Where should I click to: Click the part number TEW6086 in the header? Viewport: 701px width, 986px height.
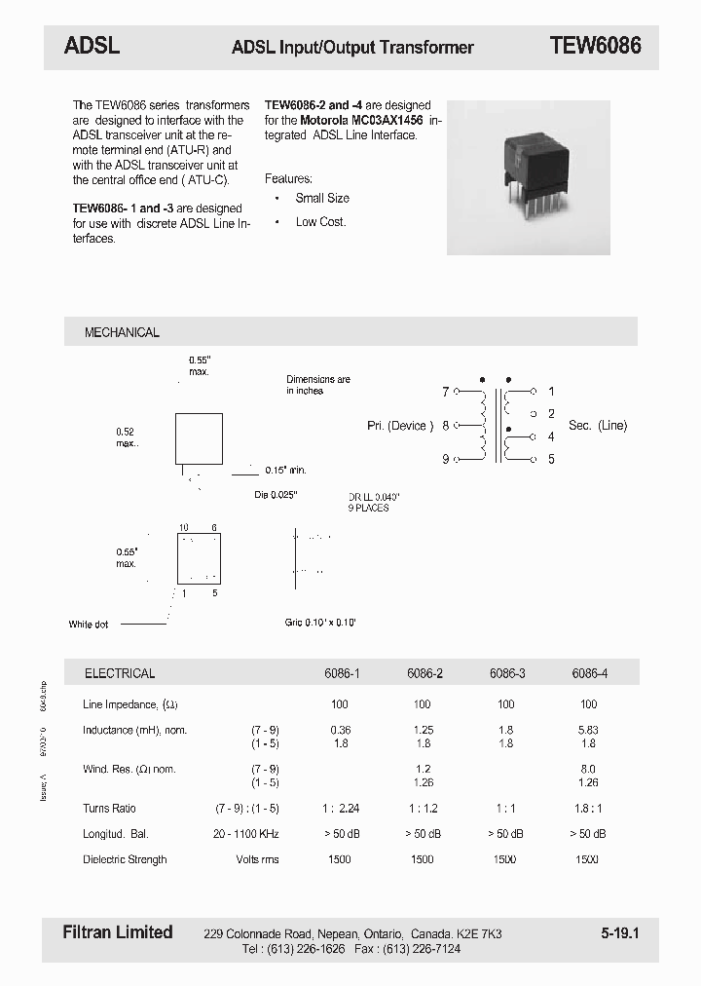pyautogui.click(x=595, y=46)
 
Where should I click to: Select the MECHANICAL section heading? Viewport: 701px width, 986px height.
pyautogui.click(x=122, y=332)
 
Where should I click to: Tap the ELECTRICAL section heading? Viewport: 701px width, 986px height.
pyautogui.click(x=120, y=673)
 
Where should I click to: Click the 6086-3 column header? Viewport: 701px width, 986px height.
pyautogui.click(x=505, y=673)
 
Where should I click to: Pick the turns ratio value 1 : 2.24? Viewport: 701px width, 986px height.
pyautogui.click(x=340, y=809)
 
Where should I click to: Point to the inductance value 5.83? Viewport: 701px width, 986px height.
pyautogui.click(x=588, y=730)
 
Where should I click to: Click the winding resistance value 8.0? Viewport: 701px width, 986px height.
pyautogui.click(x=588, y=769)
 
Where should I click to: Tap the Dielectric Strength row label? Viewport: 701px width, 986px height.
pyautogui.click(x=125, y=859)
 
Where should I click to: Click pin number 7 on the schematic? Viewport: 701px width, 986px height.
pyautogui.click(x=445, y=392)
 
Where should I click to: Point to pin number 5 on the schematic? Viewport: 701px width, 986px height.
pyautogui.click(x=551, y=459)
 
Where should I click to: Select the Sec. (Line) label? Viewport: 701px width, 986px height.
pyautogui.click(x=598, y=425)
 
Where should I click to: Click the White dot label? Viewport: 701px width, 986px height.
pyautogui.click(x=89, y=625)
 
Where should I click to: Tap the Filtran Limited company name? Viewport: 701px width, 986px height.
pyautogui.click(x=118, y=932)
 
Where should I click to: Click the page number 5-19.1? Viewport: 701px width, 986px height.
pyautogui.click(x=619, y=933)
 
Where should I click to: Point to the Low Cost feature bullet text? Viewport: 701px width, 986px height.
pyautogui.click(x=320, y=222)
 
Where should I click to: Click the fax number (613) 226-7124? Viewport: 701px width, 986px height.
pyautogui.click(x=422, y=949)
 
